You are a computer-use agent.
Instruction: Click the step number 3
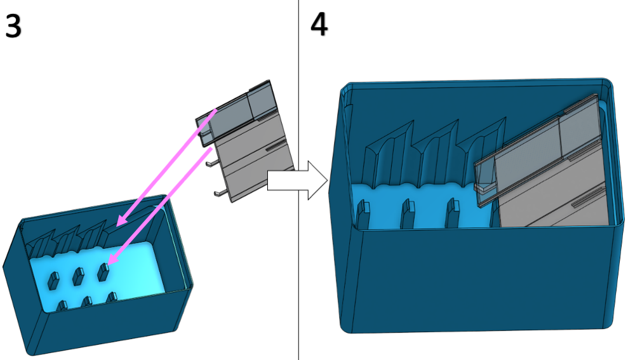13,26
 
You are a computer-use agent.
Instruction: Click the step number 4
319,25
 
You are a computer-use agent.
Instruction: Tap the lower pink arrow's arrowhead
112,260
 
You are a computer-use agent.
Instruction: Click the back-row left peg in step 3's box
53,278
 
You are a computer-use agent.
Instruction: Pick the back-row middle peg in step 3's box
78,276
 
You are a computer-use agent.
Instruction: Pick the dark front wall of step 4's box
476,279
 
